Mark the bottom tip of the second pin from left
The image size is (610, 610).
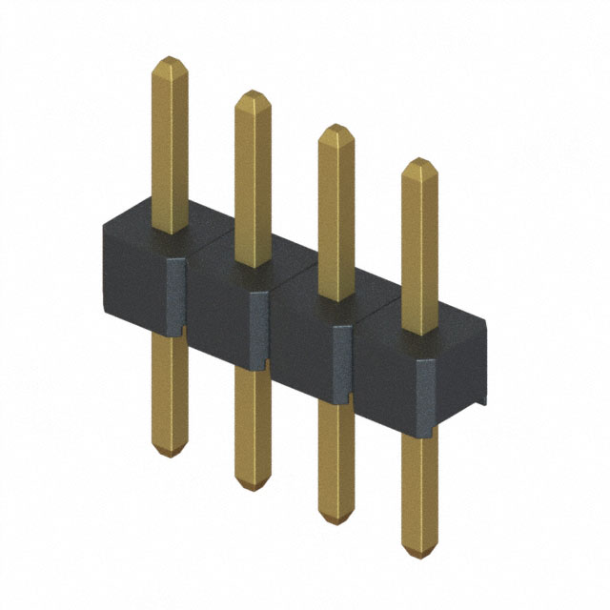(253, 484)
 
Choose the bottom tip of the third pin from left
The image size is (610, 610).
(335, 519)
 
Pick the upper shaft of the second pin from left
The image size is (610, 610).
(253, 181)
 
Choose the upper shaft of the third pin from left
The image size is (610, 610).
(335, 215)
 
